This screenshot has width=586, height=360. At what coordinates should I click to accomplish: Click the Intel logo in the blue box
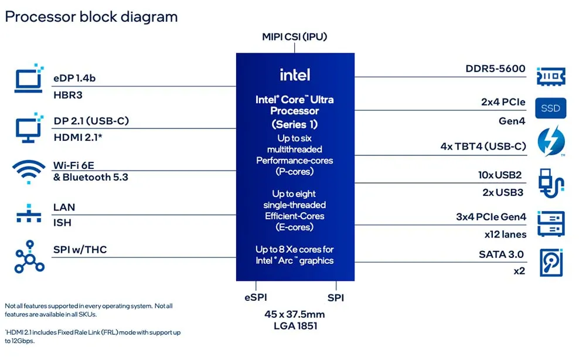tap(295, 75)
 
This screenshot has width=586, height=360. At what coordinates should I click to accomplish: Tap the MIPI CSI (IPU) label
tap(295, 36)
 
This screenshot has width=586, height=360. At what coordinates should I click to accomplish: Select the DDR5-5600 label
tap(495, 69)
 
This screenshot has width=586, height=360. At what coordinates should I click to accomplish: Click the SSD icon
tap(550, 108)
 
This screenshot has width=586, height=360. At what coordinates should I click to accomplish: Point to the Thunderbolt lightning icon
tap(551, 141)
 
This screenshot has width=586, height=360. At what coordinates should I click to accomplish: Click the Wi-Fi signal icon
tap(28, 172)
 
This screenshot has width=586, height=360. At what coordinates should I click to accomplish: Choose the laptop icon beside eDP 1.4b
tap(29, 78)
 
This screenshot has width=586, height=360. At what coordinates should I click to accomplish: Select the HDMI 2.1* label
tap(78, 138)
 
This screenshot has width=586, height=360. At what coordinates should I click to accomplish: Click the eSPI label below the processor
tap(255, 298)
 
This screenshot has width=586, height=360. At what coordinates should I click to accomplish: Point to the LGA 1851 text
tap(295, 326)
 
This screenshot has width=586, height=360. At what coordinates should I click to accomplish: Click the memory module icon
tap(551, 76)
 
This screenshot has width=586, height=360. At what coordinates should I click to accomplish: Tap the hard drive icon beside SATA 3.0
tap(551, 263)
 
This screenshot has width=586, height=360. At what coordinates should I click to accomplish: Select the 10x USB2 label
tap(500, 175)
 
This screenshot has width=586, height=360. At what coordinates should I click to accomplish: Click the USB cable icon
tap(551, 183)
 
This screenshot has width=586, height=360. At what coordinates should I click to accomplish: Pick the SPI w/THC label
tap(80, 250)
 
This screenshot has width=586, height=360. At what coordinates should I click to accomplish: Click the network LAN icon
tap(29, 213)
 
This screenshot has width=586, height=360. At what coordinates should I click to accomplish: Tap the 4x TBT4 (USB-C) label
tap(483, 146)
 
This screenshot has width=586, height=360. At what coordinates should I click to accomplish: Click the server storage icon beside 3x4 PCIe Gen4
tap(551, 223)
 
